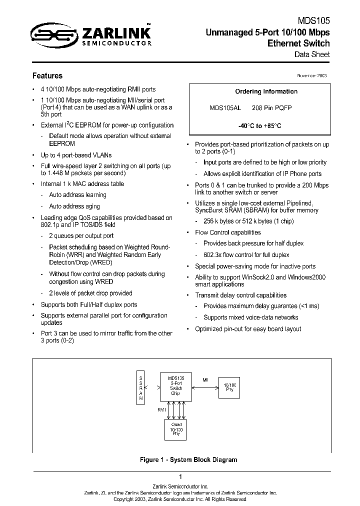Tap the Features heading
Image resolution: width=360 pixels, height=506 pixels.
click(x=47, y=76)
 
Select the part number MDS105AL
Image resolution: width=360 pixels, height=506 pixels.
click(x=225, y=108)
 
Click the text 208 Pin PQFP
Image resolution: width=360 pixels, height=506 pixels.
click(x=272, y=108)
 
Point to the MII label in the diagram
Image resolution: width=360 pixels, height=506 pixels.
click(x=205, y=379)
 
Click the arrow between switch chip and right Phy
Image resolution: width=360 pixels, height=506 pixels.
click(x=205, y=385)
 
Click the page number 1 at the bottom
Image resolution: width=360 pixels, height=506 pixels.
click(x=180, y=476)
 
